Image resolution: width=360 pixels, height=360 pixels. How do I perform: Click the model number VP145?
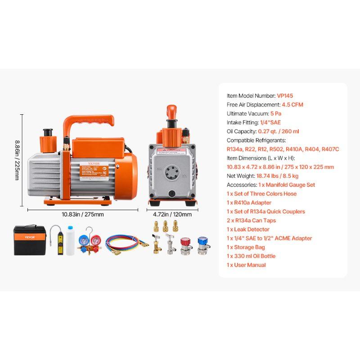coord(285,95)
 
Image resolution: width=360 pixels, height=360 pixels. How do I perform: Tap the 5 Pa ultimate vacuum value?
coord(275,113)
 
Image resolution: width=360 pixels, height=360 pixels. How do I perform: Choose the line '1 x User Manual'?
coord(246,265)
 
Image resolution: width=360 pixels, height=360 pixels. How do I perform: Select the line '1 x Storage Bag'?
coord(246,247)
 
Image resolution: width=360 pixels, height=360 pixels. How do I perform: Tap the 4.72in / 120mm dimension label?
coord(169,214)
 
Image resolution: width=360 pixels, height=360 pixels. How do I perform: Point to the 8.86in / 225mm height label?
coord(17,160)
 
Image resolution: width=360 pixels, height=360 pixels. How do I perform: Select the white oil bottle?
coord(71,241)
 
